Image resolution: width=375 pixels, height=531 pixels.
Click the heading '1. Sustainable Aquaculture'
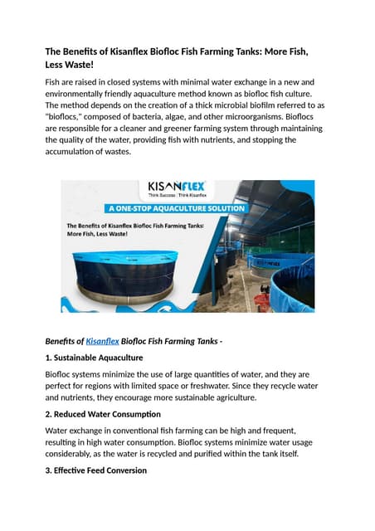click(94, 358)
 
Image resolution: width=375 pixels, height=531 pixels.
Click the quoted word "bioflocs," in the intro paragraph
click(67, 117)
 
